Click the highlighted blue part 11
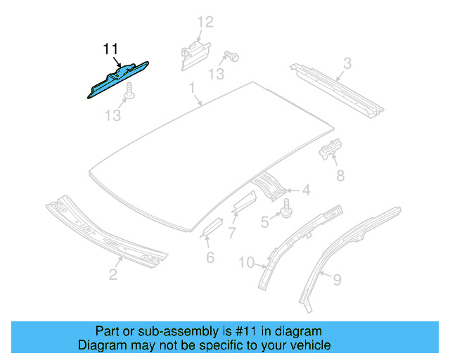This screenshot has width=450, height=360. pyautogui.click(x=116, y=81)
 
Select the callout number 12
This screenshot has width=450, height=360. pyautogui.click(x=204, y=22)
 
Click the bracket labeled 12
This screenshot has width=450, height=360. pyautogui.click(x=193, y=53)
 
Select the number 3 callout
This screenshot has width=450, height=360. pyautogui.click(x=347, y=65)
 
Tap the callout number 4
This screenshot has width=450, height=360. pyautogui.click(x=306, y=189)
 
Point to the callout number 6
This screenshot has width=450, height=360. pyautogui.click(x=210, y=257)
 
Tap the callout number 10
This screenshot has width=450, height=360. pyautogui.click(x=245, y=263)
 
